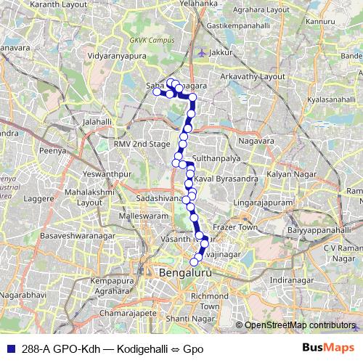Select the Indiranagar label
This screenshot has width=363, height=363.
coord(290,280)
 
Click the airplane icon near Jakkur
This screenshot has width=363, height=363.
coord(201,52)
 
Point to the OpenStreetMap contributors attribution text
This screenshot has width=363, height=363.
coord(298,325)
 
